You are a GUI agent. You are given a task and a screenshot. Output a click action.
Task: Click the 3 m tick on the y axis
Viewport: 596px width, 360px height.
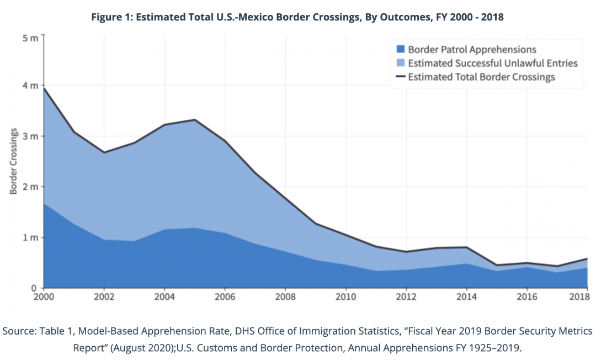(30, 136)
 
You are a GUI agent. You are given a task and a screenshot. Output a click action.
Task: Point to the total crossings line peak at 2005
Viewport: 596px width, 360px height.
(195, 120)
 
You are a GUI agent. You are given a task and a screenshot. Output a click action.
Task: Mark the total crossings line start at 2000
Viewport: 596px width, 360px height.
(44, 88)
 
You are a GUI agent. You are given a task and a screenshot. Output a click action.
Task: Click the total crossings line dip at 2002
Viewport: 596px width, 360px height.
(104, 152)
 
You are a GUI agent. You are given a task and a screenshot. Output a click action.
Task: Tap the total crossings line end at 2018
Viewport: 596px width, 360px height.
(587, 258)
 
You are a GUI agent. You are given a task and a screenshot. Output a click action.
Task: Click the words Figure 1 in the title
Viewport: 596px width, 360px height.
(112, 17)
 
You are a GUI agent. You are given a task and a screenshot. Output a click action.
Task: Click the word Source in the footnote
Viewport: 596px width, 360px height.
(18, 331)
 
